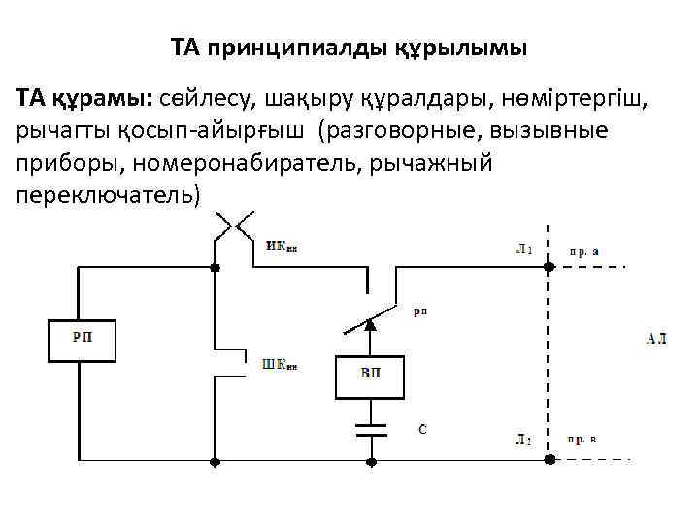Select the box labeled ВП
coord(369,375)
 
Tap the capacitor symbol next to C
coord(368,430)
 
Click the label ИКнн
coord(282,246)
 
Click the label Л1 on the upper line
coord(523,249)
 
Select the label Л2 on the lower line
coord(523,440)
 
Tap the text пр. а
coord(583,250)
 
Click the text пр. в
coord(582,440)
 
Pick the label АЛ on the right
coord(657,339)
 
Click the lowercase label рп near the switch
coord(419,311)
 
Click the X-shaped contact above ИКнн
coord(234,225)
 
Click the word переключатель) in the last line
coord(107,195)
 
